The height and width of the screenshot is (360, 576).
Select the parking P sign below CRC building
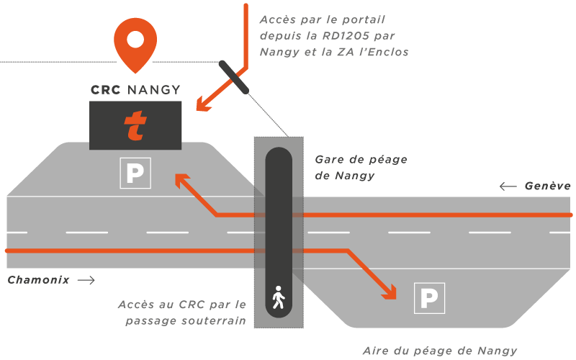pos(135,173)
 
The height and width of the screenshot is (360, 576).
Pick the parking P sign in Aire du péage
pos(429,297)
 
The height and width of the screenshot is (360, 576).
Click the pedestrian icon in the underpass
pos(279,297)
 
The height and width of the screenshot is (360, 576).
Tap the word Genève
pos(547,186)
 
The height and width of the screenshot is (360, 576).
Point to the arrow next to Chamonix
pos(86,279)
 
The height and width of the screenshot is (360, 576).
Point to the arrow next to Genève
pos(508,186)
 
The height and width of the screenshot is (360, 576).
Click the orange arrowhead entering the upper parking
pos(181,180)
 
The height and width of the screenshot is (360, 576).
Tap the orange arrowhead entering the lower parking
pos(390,291)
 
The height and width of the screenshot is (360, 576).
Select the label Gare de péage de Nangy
pos(351,167)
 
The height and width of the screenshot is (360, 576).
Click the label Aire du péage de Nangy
pos(439,351)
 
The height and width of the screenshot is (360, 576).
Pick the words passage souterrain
pos(186,320)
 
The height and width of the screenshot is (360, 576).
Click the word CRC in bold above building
pos(105,90)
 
